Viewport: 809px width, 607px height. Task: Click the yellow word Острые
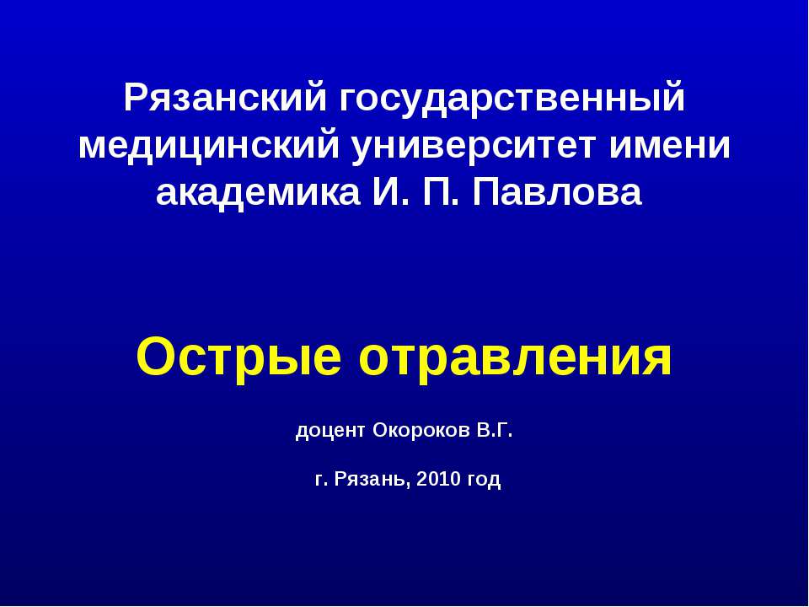(239, 358)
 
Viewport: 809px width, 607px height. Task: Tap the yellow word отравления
(516, 358)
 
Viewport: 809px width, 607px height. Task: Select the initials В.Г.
(495, 432)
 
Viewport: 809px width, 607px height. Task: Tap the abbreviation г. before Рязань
(320, 481)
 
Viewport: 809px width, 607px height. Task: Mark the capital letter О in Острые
(154, 357)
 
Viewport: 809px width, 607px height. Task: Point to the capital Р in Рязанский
(134, 99)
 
